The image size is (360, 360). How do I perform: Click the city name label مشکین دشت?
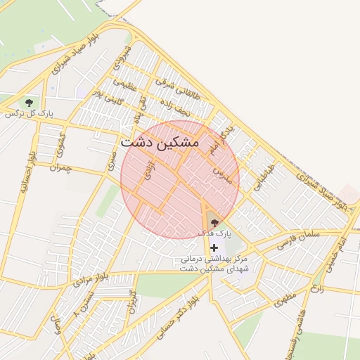click(x=160, y=142)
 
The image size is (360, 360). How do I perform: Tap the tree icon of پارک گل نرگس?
click(x=29, y=103)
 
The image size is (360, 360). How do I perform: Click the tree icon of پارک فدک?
click(x=214, y=222)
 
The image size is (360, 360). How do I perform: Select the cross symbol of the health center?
click(x=214, y=247)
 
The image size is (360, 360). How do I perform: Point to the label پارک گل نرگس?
click(x=30, y=113)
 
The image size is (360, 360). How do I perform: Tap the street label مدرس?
click(x=221, y=169)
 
